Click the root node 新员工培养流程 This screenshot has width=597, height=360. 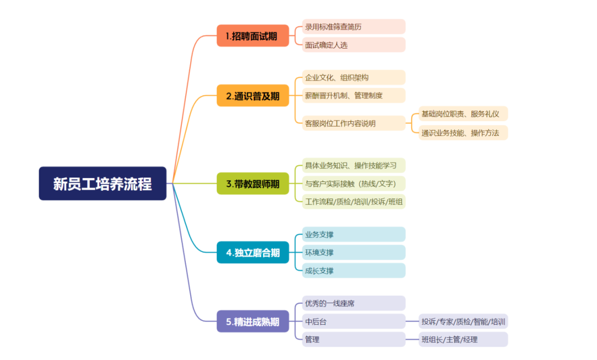pos(102,184)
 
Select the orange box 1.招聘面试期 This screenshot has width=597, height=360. pos(253,36)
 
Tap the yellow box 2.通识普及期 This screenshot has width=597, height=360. pos(253,96)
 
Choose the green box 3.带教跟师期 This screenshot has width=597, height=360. pos(253,184)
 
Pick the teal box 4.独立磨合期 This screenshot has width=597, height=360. pos(253,253)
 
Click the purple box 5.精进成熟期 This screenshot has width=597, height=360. pos(253,322)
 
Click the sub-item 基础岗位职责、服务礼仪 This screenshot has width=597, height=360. pos(463,114)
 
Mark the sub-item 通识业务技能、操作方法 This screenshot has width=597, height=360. pos(463,133)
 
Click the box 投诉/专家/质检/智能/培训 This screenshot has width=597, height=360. pos(463,321)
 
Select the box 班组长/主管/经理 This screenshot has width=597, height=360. pos(463,340)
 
